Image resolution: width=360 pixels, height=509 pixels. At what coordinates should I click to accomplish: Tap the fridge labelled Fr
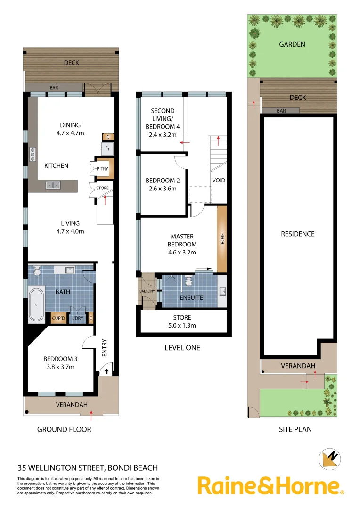[x=107, y=148]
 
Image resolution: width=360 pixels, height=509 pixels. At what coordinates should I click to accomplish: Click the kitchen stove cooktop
[x=33, y=154]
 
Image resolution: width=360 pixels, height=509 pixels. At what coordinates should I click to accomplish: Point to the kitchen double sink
[x=52, y=185]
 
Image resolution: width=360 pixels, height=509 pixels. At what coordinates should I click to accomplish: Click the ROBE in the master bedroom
[x=222, y=239]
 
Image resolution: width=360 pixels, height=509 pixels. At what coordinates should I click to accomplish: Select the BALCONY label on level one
[x=147, y=291]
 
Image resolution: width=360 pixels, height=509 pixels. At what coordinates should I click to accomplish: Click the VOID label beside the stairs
[x=219, y=181]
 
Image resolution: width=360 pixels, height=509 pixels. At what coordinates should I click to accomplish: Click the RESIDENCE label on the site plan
[x=297, y=234]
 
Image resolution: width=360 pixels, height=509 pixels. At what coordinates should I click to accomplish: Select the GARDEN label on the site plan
[x=292, y=44]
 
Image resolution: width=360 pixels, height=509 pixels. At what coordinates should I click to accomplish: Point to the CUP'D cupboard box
[x=59, y=318]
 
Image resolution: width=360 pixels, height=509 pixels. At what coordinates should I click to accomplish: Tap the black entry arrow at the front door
[x=106, y=371]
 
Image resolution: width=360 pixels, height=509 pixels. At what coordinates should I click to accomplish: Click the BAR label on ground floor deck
[x=54, y=88]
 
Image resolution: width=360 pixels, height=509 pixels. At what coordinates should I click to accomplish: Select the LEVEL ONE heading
[x=182, y=348]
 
